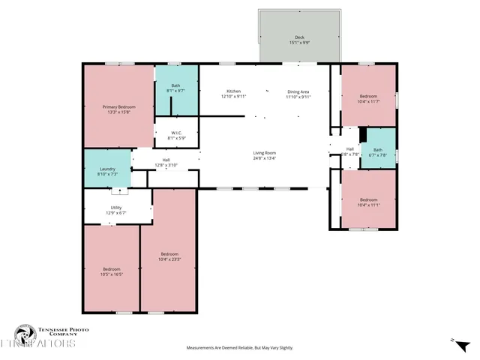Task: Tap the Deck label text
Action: [299, 37]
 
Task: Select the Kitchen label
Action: [233, 91]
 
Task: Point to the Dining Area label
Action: [298, 91]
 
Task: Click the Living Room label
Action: [264, 153]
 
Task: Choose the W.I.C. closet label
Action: [175, 133]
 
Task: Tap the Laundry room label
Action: [107, 169]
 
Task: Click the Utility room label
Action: [115, 207]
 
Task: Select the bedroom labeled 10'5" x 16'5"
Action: [111, 271]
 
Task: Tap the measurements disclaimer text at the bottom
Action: [239, 348]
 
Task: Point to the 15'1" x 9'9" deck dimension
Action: [299, 43]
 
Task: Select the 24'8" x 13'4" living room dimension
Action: [264, 158]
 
